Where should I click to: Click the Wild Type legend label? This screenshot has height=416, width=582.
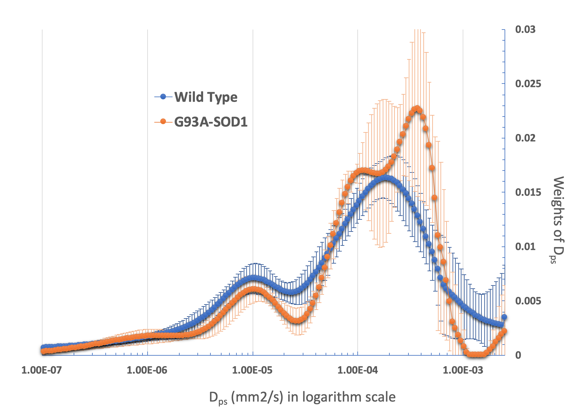[206, 97]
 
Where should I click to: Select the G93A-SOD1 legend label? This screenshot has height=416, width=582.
[211, 122]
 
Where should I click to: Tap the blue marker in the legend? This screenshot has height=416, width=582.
[163, 97]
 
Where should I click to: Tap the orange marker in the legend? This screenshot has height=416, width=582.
[163, 122]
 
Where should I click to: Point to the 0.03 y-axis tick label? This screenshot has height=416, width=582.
[525, 30]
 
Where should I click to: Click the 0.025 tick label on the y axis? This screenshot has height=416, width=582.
[528, 84]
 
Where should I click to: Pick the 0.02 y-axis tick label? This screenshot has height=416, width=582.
[525, 138]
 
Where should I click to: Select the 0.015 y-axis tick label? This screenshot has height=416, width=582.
[528, 192]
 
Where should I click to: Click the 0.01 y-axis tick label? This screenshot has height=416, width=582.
[525, 247]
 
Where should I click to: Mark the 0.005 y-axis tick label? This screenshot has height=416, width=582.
[528, 301]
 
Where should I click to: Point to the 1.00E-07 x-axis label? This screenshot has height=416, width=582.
[42, 370]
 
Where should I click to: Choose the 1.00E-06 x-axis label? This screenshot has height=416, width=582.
[147, 370]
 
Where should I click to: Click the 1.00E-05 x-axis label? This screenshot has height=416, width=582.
[253, 370]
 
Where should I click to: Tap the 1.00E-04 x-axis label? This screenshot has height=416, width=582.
[358, 370]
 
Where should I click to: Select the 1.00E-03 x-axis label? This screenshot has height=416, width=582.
[463, 370]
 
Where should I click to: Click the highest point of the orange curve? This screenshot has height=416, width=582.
[417, 108]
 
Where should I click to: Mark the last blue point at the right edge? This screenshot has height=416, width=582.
[504, 317]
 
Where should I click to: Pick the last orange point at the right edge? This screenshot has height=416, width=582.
[504, 331]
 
